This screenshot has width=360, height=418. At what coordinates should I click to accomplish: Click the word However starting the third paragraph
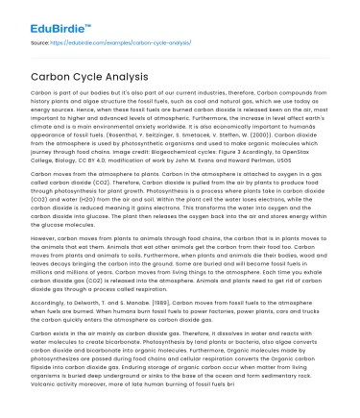[x=45, y=234]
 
